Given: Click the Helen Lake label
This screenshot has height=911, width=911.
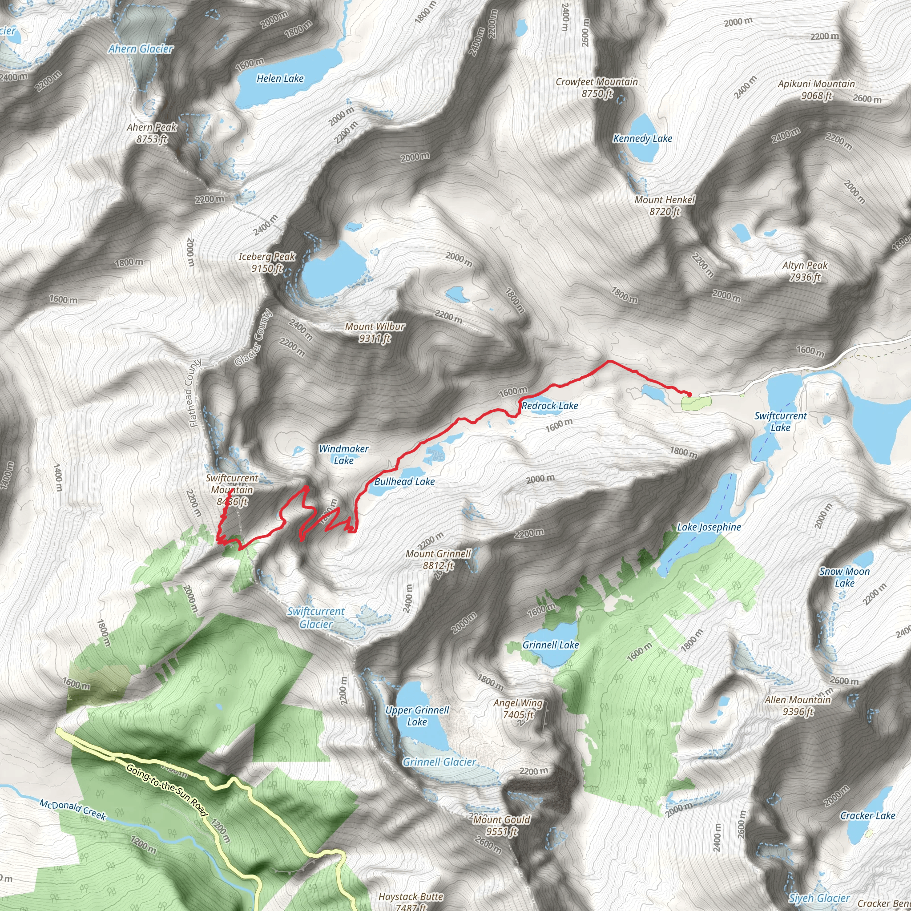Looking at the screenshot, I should pos(280,79).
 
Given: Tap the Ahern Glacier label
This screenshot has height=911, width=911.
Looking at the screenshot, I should pos(141,49).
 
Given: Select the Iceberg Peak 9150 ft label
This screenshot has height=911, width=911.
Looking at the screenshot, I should pos(267,262).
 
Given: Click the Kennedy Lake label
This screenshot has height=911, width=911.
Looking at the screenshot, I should pos(642,139).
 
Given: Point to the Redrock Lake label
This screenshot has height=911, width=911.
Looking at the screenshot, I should pos(550,406).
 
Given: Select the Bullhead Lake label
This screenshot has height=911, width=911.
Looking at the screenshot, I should pos(404,482).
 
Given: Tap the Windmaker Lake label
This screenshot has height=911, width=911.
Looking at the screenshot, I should pos(344,455).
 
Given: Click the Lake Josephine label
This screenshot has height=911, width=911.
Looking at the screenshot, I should pos(709,527).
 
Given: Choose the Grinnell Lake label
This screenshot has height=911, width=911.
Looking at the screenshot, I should pos(550,645).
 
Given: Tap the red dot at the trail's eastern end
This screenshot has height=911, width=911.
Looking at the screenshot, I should pos(689,394).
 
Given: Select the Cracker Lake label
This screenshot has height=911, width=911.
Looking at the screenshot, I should pos(867,816).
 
